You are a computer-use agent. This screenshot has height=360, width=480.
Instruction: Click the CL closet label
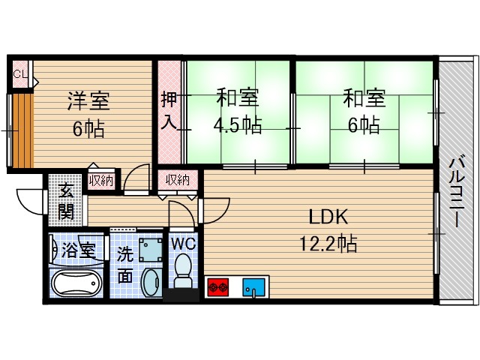tap(20, 73)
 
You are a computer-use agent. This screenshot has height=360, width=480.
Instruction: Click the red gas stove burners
tap(218, 286)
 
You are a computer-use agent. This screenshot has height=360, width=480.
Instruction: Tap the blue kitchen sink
tap(255, 286)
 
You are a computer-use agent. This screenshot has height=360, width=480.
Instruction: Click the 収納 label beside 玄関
tap(100, 180)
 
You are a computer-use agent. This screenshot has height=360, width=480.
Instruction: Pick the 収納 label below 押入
tap(178, 180)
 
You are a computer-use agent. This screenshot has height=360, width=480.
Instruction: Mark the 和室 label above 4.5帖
tap(238, 98)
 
